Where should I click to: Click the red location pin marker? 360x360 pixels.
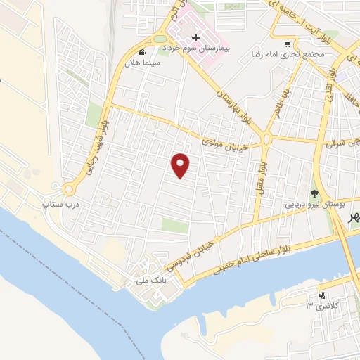(181, 165)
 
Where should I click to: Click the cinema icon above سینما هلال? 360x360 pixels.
(143, 52)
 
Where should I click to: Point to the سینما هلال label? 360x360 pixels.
(143, 63)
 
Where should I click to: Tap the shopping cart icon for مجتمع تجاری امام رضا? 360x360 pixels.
(288, 43)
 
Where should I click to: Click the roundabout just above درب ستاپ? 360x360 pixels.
(69, 189)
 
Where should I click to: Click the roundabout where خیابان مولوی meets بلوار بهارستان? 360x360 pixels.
(267, 139)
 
